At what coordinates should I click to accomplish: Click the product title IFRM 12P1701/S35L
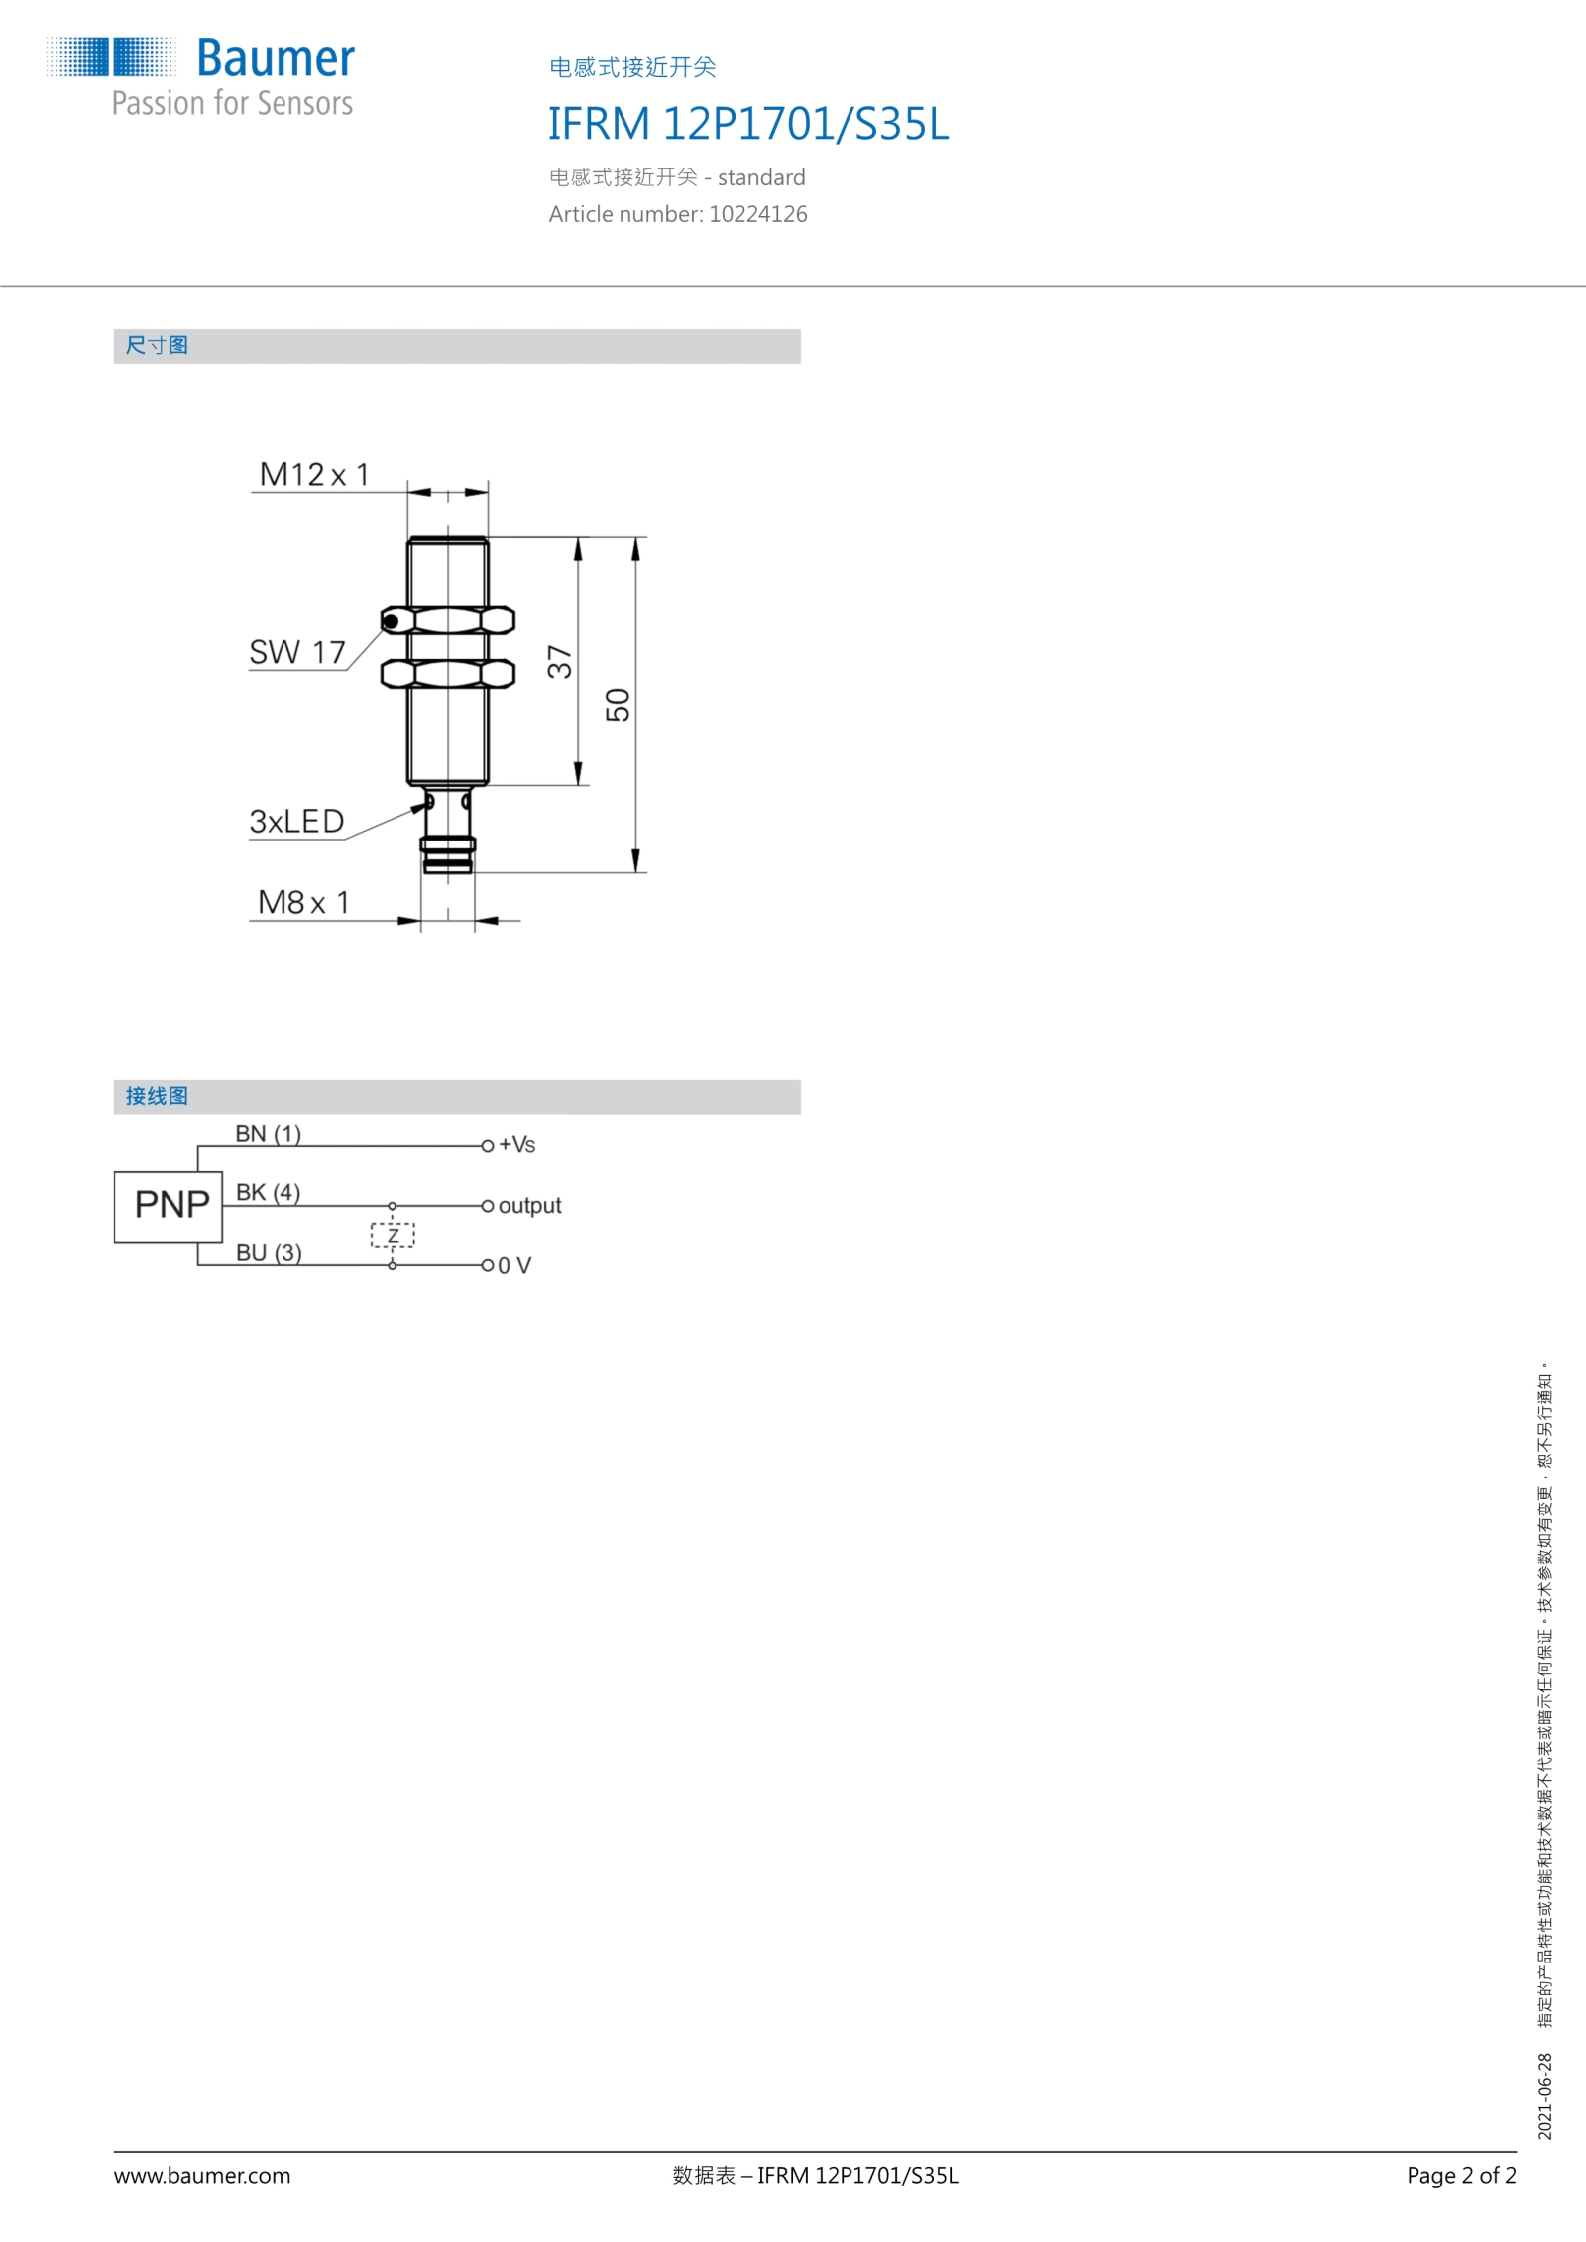point(748,124)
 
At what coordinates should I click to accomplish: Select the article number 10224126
point(758,214)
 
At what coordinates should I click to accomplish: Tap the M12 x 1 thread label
point(314,474)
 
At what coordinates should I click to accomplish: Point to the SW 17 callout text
point(297,652)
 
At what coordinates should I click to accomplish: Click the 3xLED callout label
point(296,821)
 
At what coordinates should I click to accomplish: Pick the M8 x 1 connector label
point(303,902)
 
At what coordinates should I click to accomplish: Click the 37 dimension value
point(560,661)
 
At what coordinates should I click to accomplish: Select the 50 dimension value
point(618,705)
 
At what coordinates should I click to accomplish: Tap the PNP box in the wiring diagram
point(169,1206)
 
